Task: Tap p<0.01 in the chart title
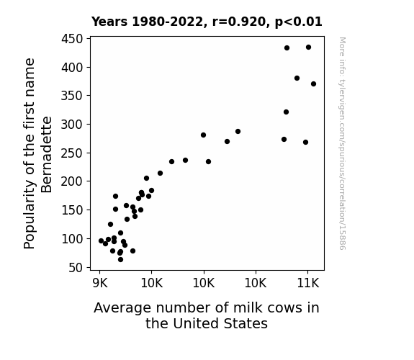click(299, 22)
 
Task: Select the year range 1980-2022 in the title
click(167, 22)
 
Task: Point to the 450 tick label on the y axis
click(72, 39)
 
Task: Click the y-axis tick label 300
click(72, 125)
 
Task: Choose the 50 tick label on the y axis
click(76, 268)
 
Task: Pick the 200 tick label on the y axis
click(72, 181)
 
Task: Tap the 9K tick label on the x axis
click(100, 284)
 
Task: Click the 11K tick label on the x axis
click(308, 284)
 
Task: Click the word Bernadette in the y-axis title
click(47, 155)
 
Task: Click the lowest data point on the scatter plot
click(120, 260)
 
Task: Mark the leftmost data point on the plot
click(101, 241)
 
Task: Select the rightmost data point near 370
click(313, 84)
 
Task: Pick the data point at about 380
click(297, 78)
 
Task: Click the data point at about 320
click(286, 112)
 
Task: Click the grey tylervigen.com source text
click(342, 143)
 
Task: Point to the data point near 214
click(160, 174)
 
